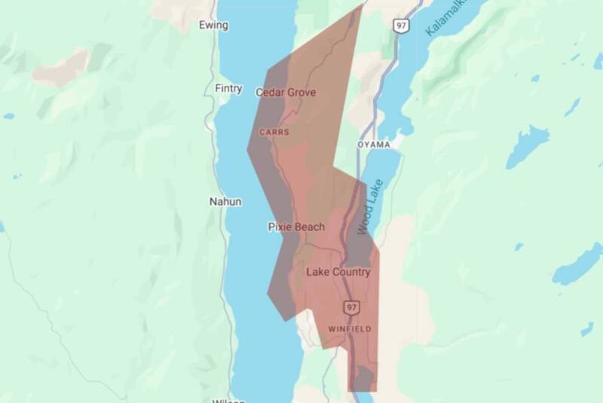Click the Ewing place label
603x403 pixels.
pos(213,25)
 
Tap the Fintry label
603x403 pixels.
pos(228,89)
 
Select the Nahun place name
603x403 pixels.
pos(225,202)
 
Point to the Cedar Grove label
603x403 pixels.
pos(286,93)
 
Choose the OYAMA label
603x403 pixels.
pos(374,144)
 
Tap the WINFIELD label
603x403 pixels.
pos(350,329)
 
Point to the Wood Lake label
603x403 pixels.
pos(372,206)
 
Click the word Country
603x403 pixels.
pos(350,272)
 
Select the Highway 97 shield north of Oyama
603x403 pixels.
pos(400,26)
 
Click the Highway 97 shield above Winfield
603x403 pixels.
pos(351,307)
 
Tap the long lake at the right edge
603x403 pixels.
pos(577,264)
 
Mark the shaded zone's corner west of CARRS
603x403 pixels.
pos(248,148)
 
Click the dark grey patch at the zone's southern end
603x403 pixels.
pos(364,377)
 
